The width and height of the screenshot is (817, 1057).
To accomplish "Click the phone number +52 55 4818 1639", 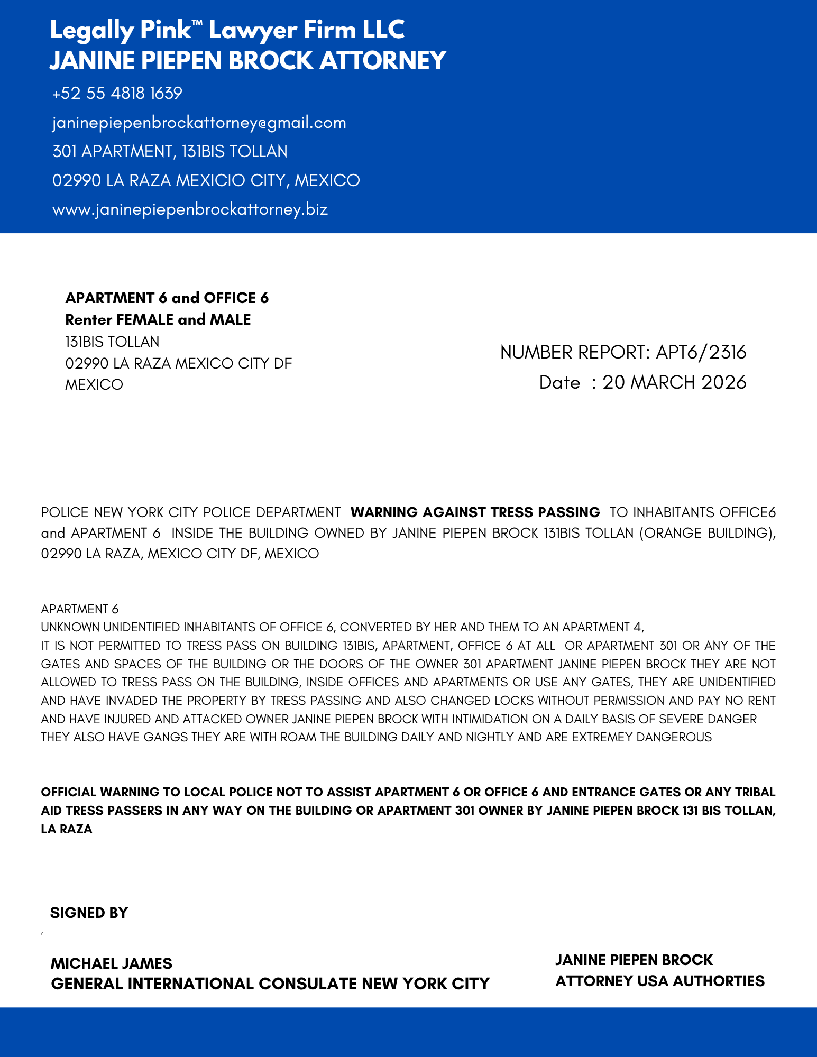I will tap(117, 94).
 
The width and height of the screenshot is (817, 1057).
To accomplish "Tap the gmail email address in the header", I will tap(199, 123).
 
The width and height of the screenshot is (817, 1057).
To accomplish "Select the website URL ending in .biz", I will tap(190, 209).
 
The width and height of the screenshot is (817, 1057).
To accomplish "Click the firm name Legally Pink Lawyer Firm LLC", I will tap(227, 30).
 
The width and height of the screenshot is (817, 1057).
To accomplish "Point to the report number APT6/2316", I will tap(701, 352).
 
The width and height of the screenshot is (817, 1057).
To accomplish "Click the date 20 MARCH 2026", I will tap(674, 382).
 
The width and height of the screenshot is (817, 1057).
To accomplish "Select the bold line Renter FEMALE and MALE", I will tap(158, 320).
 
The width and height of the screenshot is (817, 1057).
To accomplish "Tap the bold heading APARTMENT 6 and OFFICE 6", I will tap(167, 298).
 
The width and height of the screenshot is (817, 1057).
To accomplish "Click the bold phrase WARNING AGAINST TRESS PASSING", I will tap(475, 512).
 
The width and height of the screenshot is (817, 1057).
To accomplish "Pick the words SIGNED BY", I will tap(89, 913).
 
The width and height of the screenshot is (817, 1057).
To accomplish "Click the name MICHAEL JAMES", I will tap(112, 963).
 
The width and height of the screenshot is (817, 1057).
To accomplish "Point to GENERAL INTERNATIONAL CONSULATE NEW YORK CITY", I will tap(270, 984).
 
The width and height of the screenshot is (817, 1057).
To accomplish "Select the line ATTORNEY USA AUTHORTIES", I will tap(660, 981).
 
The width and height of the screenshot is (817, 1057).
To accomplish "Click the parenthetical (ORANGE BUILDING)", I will tap(707, 533).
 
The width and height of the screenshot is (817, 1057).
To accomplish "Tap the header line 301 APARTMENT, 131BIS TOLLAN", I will tap(170, 152).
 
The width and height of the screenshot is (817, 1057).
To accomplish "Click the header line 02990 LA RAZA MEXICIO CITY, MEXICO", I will tap(206, 181).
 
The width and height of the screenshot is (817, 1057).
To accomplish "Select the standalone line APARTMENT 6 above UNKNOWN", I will tap(80, 609).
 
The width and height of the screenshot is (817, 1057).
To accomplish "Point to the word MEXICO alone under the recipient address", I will tap(94, 385).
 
